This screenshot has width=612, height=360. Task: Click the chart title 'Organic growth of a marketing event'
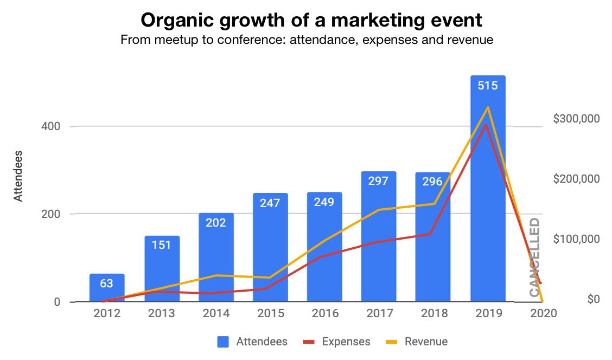tap(311, 20)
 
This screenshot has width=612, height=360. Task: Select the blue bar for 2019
tap(488, 217)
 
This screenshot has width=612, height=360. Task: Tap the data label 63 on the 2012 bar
tap(107, 284)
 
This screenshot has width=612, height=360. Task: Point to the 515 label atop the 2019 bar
tap(487, 85)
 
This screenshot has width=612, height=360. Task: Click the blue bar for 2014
tap(216, 260)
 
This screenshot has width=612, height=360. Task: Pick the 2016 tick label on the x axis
tap(325, 313)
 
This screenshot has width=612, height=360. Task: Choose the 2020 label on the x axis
tap(542, 313)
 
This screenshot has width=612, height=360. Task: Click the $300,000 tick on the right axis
tap(576, 118)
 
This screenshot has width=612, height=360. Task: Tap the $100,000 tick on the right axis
tap(576, 239)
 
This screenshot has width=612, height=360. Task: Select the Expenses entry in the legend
tap(346, 342)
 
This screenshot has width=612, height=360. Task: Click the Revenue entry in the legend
tap(426, 342)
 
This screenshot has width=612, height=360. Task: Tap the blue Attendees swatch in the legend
tap(223, 342)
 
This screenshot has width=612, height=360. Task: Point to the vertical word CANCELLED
tap(534, 257)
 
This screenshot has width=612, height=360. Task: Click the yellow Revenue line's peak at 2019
tap(488, 107)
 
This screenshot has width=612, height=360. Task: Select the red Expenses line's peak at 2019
tap(487, 125)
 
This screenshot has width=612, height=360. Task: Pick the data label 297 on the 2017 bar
tap(378, 181)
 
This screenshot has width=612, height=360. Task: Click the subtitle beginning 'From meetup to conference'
tap(307, 40)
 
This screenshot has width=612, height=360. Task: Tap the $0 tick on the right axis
tap(593, 299)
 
